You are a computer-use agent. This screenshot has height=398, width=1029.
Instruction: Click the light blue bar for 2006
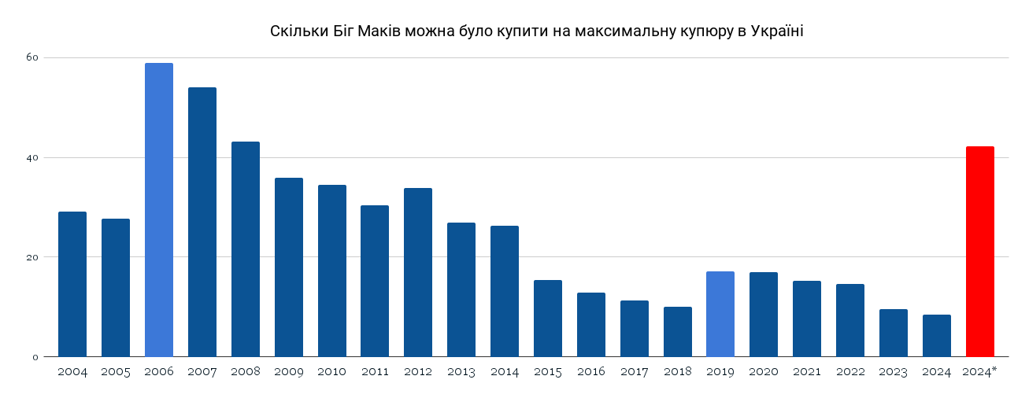(x=158, y=210)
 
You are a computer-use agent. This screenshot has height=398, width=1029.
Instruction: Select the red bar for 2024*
(x=979, y=252)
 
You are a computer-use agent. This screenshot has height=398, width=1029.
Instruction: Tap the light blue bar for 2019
(x=720, y=314)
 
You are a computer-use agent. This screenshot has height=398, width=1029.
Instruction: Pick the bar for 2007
(x=202, y=222)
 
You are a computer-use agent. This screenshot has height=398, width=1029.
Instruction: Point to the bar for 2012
(x=417, y=272)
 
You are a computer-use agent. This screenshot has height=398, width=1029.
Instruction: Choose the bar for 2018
(x=677, y=331)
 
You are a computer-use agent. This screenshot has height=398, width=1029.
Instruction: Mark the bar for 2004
(x=72, y=284)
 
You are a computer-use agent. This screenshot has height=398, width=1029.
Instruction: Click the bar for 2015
(x=547, y=318)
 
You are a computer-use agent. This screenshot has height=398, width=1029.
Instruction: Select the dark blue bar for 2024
(x=936, y=335)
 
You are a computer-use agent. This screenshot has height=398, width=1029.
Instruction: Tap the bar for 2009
(x=288, y=267)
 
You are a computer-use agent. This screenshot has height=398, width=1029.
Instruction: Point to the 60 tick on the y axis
(x=32, y=57)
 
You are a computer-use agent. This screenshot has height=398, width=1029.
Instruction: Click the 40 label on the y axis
(x=32, y=157)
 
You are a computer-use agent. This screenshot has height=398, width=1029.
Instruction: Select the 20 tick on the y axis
(x=32, y=257)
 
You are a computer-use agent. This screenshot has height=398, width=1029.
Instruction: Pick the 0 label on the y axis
(x=35, y=357)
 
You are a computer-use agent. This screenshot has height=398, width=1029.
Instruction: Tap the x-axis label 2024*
(x=980, y=371)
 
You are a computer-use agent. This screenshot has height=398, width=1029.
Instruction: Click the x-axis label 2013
(x=461, y=371)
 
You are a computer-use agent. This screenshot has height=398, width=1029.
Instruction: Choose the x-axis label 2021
(x=806, y=371)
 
